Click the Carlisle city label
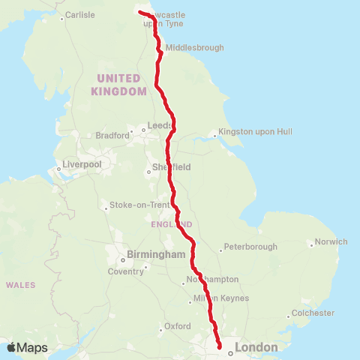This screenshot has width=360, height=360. pyautogui.click(x=80, y=14)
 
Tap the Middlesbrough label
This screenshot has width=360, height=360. pyautogui.click(x=194, y=47)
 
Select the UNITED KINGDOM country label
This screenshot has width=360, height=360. pyautogui.click(x=118, y=85)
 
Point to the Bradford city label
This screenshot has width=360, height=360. pyautogui.click(x=112, y=136)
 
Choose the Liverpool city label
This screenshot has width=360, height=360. pyautogui.click(x=82, y=163)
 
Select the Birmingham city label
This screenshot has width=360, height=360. pyautogui.click(x=155, y=255)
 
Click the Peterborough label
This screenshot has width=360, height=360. pyautogui.click(x=251, y=247)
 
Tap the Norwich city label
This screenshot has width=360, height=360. pyautogui.click(x=331, y=241)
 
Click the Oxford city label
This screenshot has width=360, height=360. pyautogui.click(x=178, y=326)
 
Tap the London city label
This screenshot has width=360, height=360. pyautogui.click(x=256, y=347)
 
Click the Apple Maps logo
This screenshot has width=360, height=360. pyautogui.click(x=27, y=347)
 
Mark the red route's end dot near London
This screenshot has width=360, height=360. pyautogui.click(x=220, y=347)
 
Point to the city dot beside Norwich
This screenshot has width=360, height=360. pyautogui.click(x=310, y=244)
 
